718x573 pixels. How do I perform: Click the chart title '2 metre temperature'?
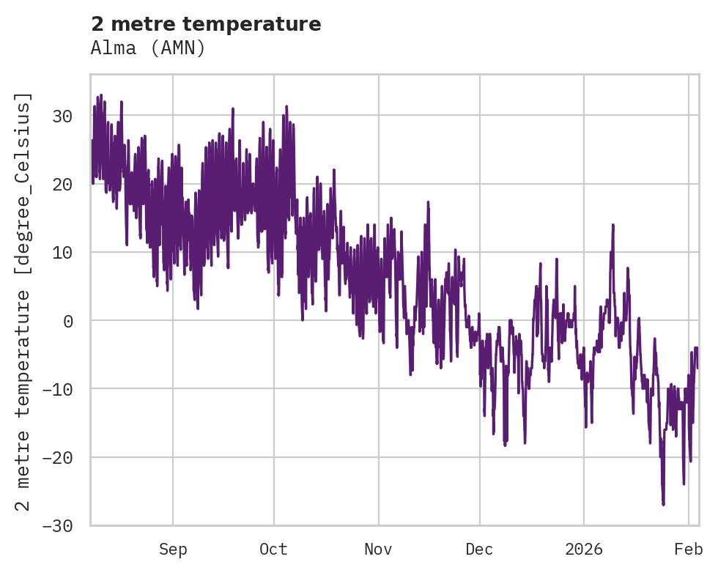tap(206, 24)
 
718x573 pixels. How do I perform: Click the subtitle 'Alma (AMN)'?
tap(148, 48)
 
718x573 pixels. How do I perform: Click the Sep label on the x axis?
tap(173, 550)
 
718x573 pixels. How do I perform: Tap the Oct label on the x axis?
tap(273, 550)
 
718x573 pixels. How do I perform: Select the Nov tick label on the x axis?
tap(379, 550)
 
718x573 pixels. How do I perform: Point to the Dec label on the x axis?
tap(480, 550)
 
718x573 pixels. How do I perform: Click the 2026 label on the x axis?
tap(584, 550)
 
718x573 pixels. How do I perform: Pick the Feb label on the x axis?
tap(689, 550)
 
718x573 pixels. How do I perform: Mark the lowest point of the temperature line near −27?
tap(663, 504)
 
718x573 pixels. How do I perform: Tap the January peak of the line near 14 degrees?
tap(612, 226)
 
